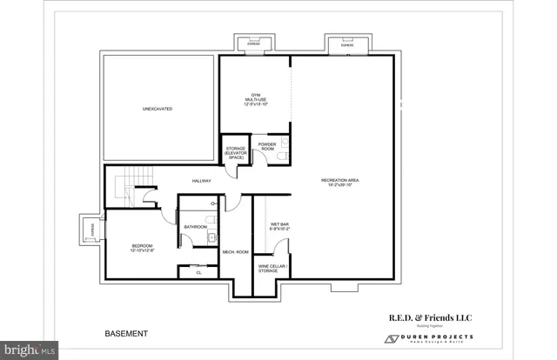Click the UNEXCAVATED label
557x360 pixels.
pos(158,110)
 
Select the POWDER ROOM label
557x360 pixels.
pos(266,148)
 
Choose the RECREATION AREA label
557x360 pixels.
pos(343,182)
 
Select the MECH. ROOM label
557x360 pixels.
pos(235,252)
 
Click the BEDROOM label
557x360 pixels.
pos(142,248)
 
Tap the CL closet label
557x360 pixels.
pos(198,273)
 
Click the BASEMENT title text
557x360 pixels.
pos(126,333)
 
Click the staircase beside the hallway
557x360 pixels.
pos(128,184)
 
